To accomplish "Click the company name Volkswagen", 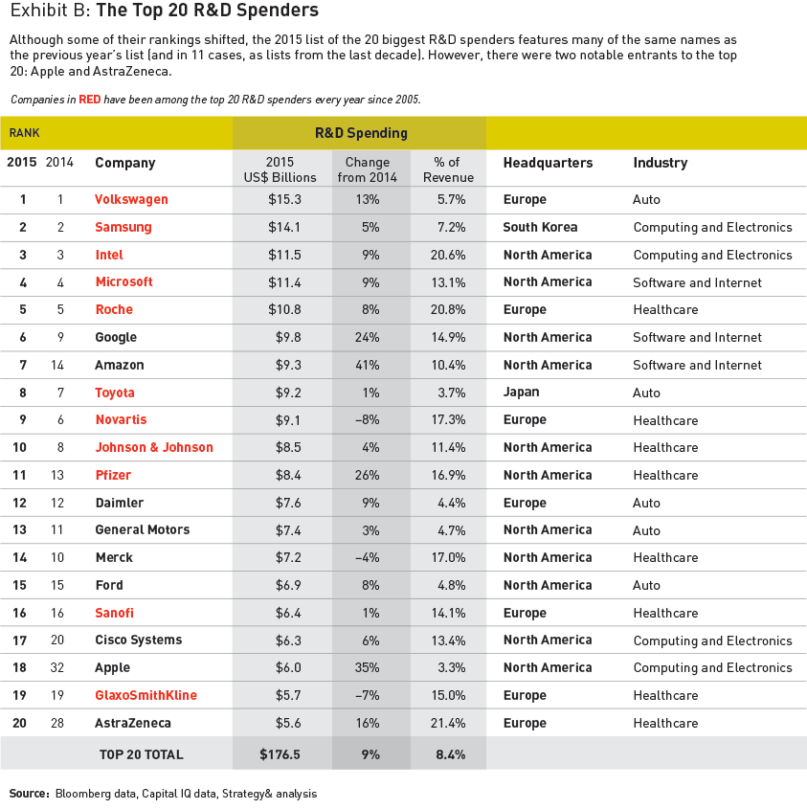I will coord(131,200).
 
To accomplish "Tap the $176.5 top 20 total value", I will coord(280,754).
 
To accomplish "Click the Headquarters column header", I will coord(548,163).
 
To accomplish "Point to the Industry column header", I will coord(660,163).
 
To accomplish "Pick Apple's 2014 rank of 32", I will coord(56,667).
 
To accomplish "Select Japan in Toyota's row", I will coord(521,393).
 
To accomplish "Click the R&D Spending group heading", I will coord(361,133).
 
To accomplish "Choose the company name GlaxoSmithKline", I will coord(146,695).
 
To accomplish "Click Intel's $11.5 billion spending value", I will coord(284,255).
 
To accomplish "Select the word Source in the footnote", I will coord(29,794).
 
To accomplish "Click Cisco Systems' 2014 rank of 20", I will coord(56,640).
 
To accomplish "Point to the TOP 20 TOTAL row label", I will coord(141,754).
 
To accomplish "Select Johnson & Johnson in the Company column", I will coord(154,447).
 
